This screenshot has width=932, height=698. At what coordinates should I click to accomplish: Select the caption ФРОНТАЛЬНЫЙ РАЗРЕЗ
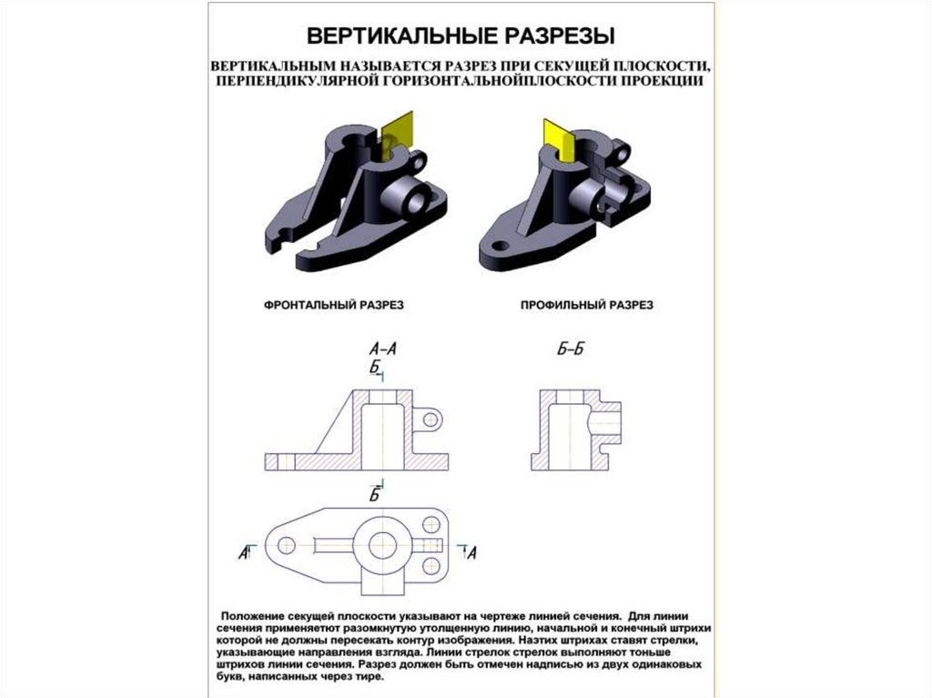[334, 305]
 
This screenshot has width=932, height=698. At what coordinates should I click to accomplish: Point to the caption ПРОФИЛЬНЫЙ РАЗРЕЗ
[587, 305]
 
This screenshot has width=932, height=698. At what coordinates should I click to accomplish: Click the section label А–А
[382, 349]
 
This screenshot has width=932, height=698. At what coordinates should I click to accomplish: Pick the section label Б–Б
[570, 349]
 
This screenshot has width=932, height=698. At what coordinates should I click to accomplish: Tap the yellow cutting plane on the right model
[560, 140]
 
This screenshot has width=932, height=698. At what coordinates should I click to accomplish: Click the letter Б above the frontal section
[374, 368]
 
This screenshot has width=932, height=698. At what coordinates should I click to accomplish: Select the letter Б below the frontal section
[374, 494]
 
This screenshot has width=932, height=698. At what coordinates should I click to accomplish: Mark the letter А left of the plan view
[243, 553]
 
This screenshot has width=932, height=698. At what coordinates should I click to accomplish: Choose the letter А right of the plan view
[472, 553]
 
